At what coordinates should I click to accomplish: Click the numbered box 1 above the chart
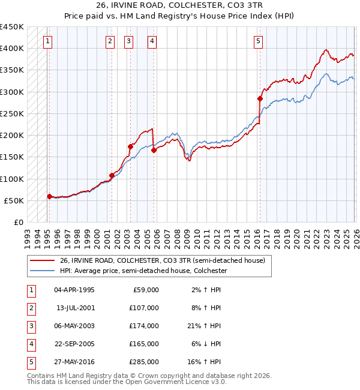click(47, 41)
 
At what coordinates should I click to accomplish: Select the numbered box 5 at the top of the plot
click(258, 41)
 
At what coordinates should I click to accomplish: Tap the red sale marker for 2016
click(260, 98)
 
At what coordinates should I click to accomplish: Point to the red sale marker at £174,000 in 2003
click(130, 146)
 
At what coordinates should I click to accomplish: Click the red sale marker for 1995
click(49, 196)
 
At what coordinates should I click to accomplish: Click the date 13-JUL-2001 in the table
click(74, 308)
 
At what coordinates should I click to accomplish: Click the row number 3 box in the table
click(31, 326)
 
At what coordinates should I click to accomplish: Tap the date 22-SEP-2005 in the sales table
click(74, 344)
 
